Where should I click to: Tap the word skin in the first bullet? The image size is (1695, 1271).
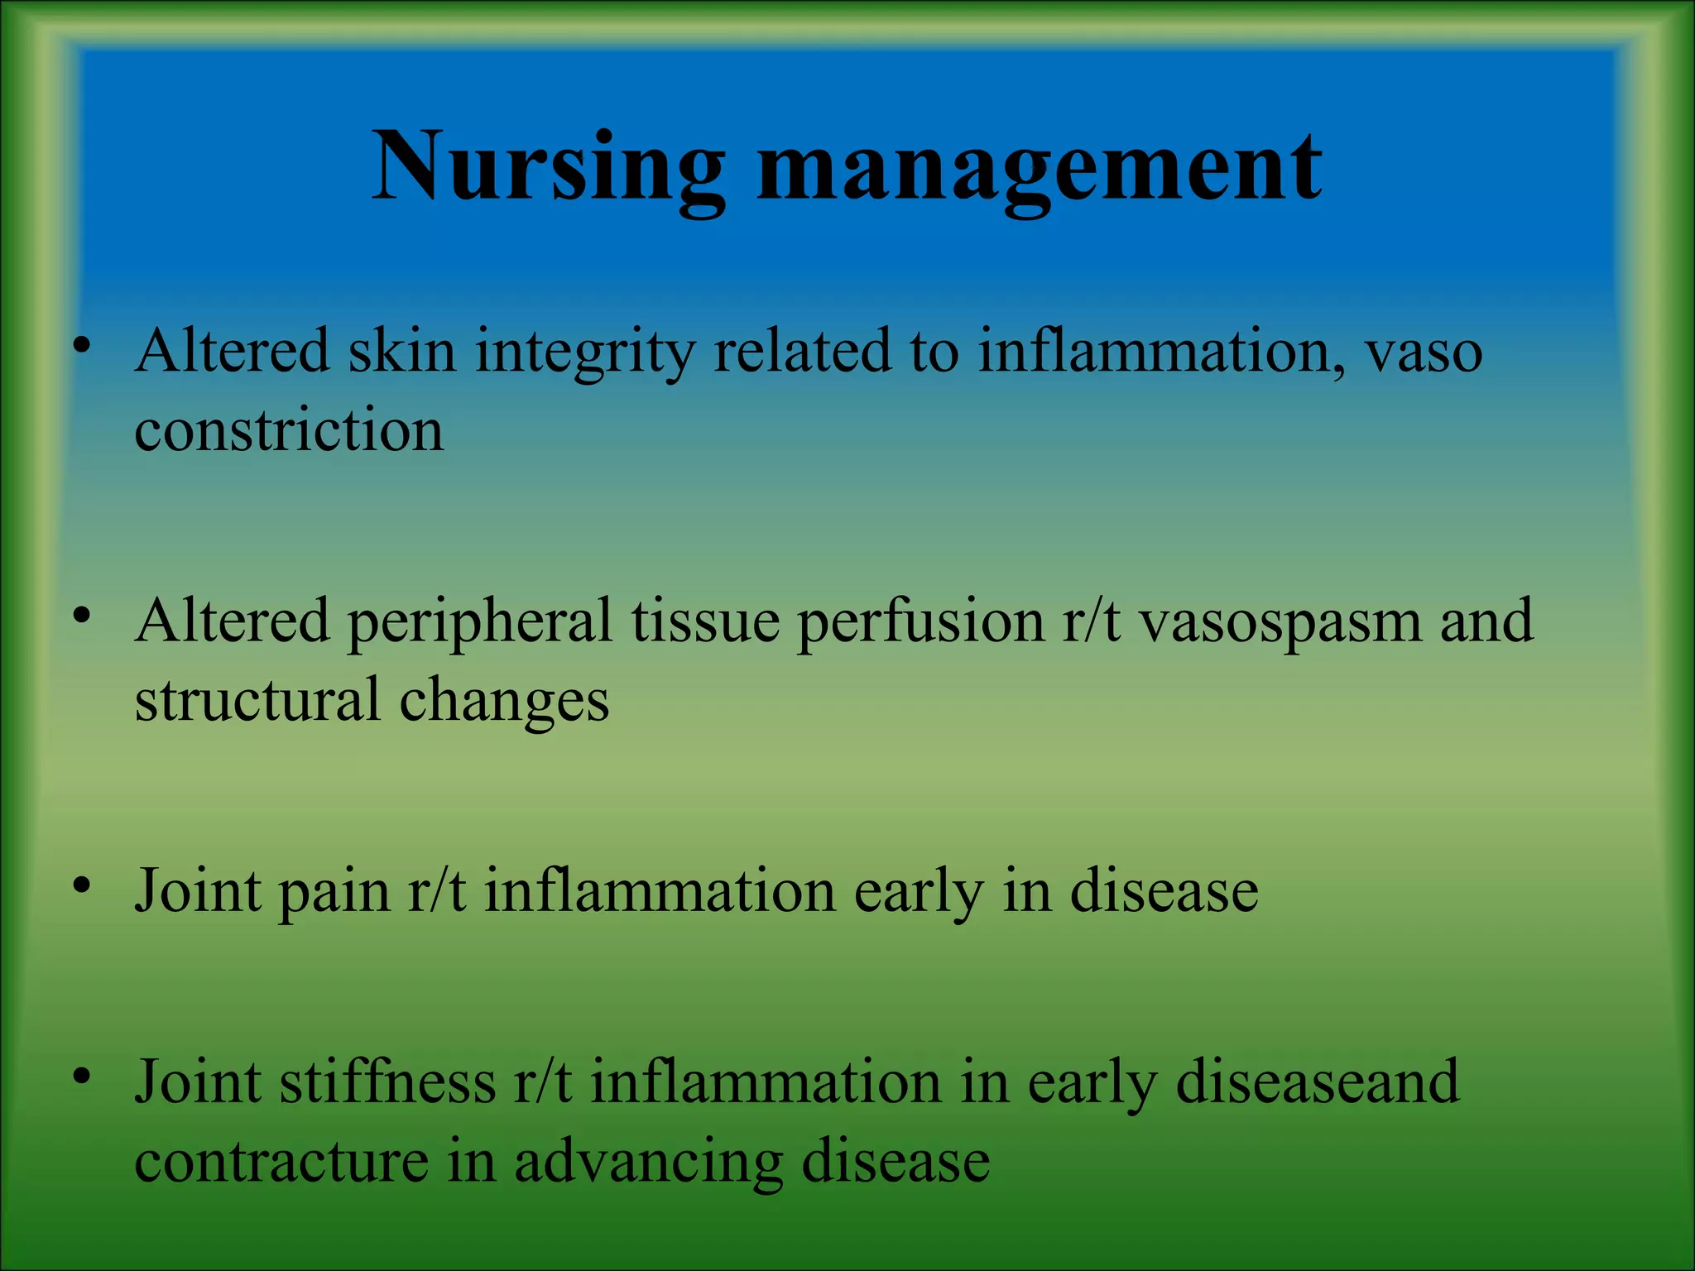[401, 351]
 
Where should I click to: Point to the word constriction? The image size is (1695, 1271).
[289, 432]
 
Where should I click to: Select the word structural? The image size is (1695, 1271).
[257, 700]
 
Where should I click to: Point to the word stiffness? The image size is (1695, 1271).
[387, 1082]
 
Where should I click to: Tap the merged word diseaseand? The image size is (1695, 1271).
[1317, 1082]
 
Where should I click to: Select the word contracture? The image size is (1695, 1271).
[281, 1162]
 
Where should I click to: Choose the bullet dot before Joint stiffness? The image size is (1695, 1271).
[80, 1077]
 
